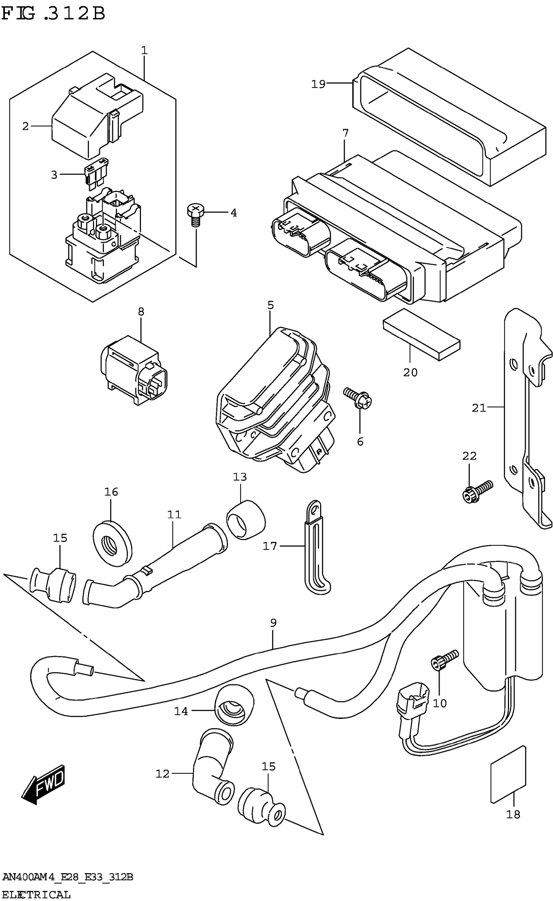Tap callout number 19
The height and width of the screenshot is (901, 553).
[x=318, y=84]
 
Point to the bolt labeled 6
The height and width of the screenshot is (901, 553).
[x=358, y=398]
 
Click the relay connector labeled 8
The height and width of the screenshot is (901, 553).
[x=133, y=370]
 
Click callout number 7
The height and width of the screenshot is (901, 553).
[x=345, y=133]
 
